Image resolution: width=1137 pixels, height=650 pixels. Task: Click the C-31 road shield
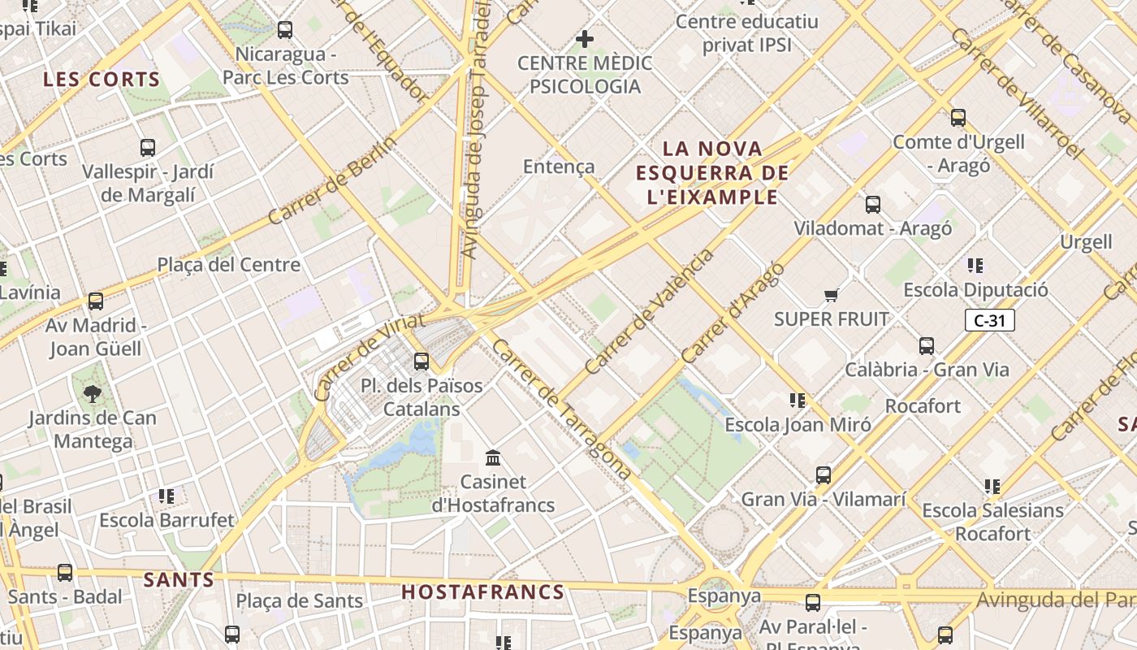[989, 320]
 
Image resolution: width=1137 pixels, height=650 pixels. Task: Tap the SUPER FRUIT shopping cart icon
[831, 295]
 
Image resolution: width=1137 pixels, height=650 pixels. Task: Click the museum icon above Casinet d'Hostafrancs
[492, 457]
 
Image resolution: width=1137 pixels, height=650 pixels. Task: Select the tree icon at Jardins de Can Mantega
[93, 394]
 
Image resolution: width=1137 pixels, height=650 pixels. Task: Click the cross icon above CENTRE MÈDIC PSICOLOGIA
[584, 38]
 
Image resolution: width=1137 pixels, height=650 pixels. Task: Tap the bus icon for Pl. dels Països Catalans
[422, 362]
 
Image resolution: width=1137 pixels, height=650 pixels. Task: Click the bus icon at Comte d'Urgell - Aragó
[958, 118]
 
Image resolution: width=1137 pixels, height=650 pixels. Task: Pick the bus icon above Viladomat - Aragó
[873, 205]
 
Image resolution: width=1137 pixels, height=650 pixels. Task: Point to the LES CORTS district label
[102, 80]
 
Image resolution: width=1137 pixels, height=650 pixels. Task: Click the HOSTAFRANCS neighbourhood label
[483, 592]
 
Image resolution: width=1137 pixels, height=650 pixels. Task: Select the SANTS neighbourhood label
[179, 580]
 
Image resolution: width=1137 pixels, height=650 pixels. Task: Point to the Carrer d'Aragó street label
[733, 313]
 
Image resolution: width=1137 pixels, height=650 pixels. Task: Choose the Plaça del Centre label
[228, 265]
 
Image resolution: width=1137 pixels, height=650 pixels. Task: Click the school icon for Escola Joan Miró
[798, 400]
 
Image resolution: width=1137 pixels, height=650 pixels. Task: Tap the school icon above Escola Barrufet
[166, 496]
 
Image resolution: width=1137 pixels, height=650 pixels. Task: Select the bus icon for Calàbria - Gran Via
[927, 346]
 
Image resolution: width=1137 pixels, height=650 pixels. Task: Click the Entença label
[559, 167]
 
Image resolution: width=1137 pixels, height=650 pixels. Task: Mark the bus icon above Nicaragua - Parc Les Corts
[285, 30]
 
